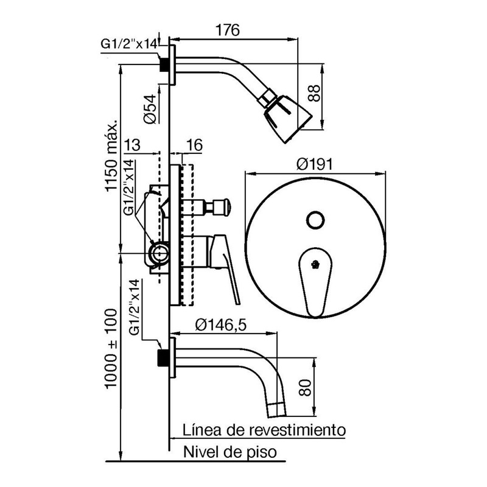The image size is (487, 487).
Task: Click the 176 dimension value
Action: (x=228, y=30)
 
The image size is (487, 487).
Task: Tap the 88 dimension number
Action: (x=314, y=93)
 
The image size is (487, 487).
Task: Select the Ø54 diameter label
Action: (x=150, y=109)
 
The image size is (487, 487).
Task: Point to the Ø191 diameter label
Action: (x=314, y=164)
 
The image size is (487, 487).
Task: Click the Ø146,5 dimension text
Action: (x=221, y=325)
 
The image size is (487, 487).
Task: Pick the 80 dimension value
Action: (x=305, y=387)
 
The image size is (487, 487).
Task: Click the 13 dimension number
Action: (x=132, y=145)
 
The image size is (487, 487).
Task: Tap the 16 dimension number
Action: (x=194, y=145)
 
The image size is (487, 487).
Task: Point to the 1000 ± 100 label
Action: (x=111, y=348)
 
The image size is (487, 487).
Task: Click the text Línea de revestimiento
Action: (x=264, y=430)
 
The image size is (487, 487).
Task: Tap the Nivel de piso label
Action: (x=230, y=452)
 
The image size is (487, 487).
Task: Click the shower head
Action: (x=284, y=116)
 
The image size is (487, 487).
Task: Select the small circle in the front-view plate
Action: (x=315, y=220)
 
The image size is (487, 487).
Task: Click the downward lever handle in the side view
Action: (x=225, y=269)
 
